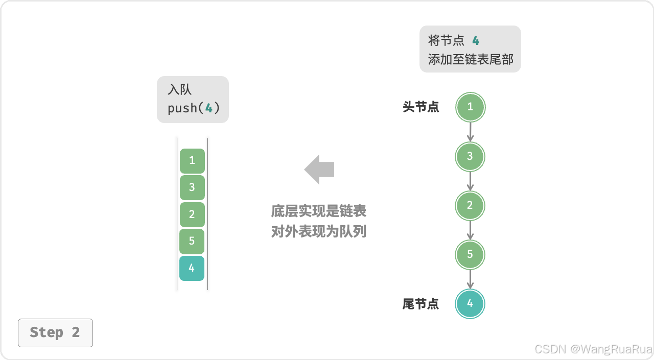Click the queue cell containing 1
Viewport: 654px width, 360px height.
click(192, 161)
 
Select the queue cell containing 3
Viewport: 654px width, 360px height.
click(192, 187)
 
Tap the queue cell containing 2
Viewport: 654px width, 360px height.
click(192, 214)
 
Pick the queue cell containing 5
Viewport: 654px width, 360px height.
click(192, 241)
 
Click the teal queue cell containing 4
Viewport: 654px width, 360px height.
click(192, 268)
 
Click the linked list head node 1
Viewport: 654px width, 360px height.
click(470, 107)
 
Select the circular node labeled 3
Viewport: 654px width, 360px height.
click(470, 156)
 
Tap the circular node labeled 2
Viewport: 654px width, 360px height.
click(470, 205)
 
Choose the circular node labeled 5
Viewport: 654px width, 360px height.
click(470, 254)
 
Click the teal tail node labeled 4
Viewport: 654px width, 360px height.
click(470, 304)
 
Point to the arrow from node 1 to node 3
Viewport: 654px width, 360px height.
click(470, 132)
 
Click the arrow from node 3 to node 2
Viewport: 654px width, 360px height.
click(470, 181)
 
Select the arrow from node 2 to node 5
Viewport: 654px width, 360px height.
click(470, 230)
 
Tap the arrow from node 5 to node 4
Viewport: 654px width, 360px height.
click(470, 279)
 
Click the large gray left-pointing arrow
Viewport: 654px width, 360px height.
click(319, 170)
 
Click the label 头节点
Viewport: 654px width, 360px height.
click(421, 107)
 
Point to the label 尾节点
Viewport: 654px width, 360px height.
click(421, 304)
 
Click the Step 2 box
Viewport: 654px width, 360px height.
click(55, 332)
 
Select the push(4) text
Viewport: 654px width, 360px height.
click(194, 108)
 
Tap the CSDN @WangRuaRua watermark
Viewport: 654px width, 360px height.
click(593, 349)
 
